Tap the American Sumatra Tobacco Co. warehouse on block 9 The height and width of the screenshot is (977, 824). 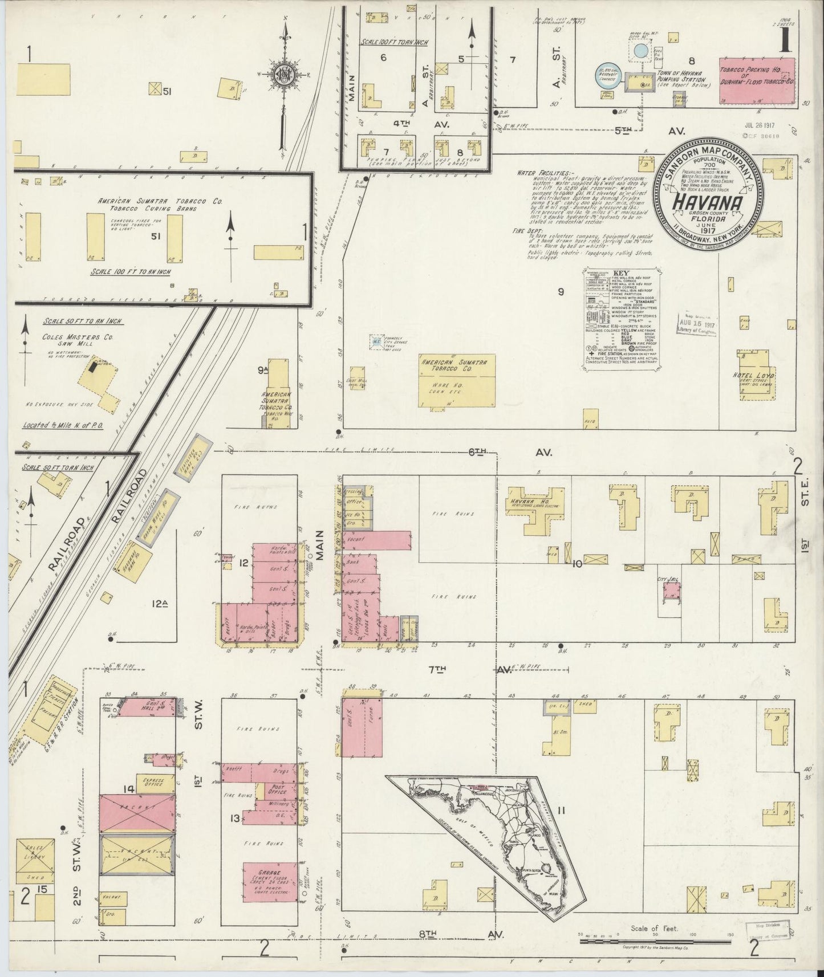pyautogui.click(x=456, y=380)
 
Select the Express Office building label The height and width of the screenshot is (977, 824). pyautogui.click(x=153, y=782)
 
